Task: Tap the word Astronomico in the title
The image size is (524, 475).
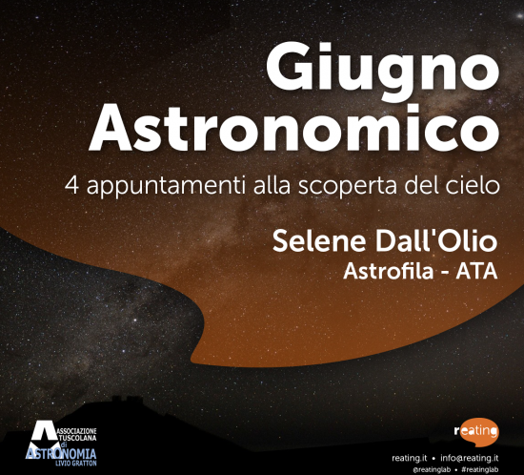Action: tap(294, 127)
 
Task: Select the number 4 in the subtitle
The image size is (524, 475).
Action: tap(71, 185)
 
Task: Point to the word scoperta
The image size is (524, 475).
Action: tap(348, 187)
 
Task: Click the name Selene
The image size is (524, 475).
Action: tap(319, 241)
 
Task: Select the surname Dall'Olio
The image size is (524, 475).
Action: tap(436, 240)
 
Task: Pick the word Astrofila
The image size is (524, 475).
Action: tap(389, 271)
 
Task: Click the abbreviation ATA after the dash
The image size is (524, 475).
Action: tap(477, 271)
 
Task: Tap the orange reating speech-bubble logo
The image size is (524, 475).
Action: tap(477, 432)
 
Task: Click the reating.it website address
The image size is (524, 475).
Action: tap(410, 458)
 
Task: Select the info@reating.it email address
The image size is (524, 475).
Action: tap(469, 458)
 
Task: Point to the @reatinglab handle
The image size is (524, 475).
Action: tap(432, 469)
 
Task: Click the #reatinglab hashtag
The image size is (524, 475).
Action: tap(480, 469)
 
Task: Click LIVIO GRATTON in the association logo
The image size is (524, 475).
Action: tap(76, 464)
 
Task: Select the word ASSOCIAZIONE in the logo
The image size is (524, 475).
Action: tap(76, 431)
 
